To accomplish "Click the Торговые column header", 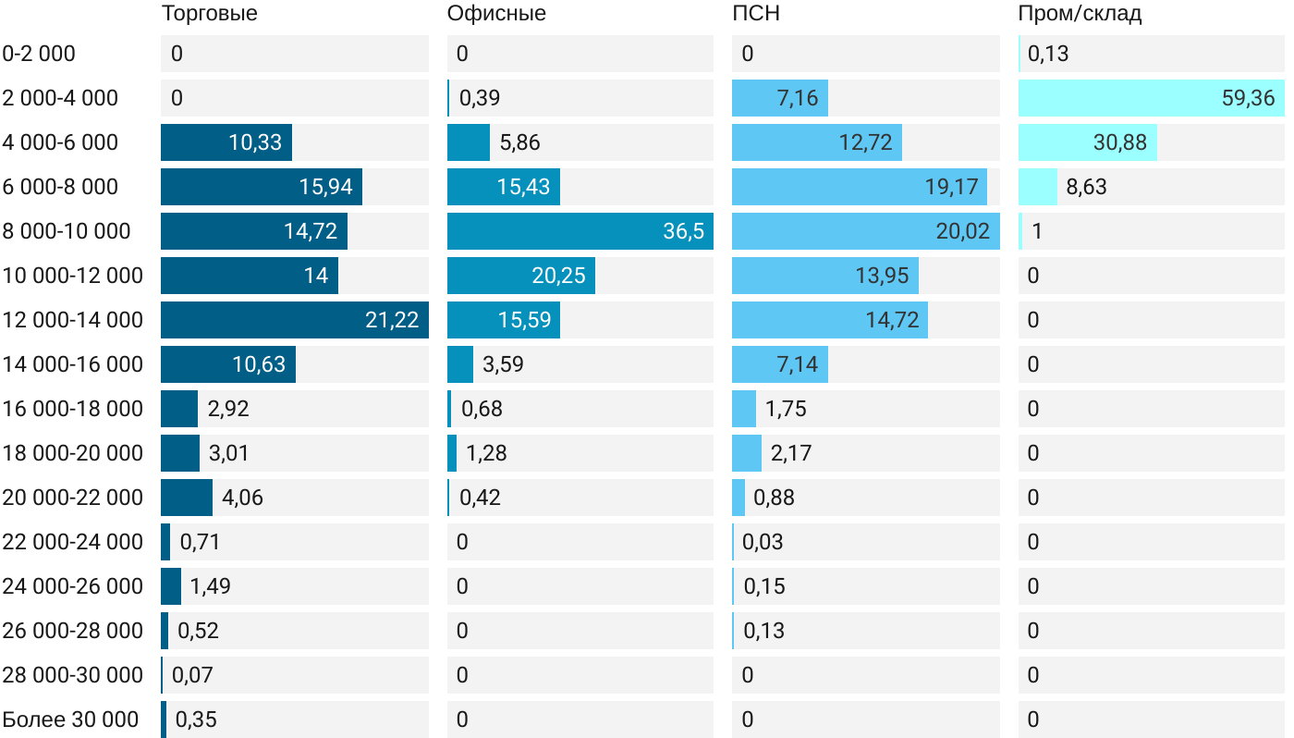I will (x=209, y=14).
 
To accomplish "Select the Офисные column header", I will (x=495, y=14).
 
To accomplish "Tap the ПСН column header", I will (x=750, y=14).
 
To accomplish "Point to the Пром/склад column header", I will (x=1080, y=14).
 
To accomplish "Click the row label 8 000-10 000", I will (x=67, y=231).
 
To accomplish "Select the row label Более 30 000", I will (x=70, y=720).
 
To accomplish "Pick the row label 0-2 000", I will (x=39, y=54).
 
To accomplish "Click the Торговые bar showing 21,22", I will (x=294, y=320).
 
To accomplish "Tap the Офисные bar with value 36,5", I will (x=580, y=231).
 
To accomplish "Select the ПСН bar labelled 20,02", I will (x=865, y=231).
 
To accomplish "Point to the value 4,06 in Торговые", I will (x=242, y=498).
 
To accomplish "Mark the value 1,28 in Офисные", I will (x=486, y=453).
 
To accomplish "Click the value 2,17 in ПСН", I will (x=791, y=453).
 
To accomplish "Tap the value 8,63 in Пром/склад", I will (x=1086, y=187).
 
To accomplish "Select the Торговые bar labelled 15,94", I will (x=261, y=187).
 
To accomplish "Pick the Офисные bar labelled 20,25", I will (x=520, y=276).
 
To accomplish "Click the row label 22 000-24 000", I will (x=73, y=542).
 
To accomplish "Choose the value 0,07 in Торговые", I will (x=192, y=675).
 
